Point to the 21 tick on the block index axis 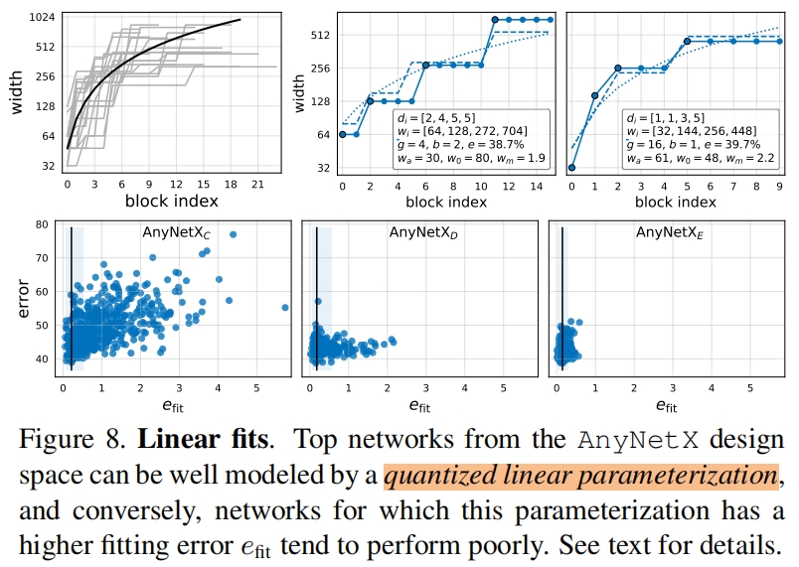(x=256, y=185)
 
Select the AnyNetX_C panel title (x=175, y=234)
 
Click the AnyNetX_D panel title (x=423, y=234)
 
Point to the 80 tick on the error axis (x=42, y=225)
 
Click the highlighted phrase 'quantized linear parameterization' (x=580, y=476)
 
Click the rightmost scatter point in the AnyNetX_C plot (x=285, y=308)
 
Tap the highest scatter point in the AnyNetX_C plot (x=233, y=234)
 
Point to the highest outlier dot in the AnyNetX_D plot (x=318, y=301)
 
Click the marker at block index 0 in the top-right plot (x=571, y=168)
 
